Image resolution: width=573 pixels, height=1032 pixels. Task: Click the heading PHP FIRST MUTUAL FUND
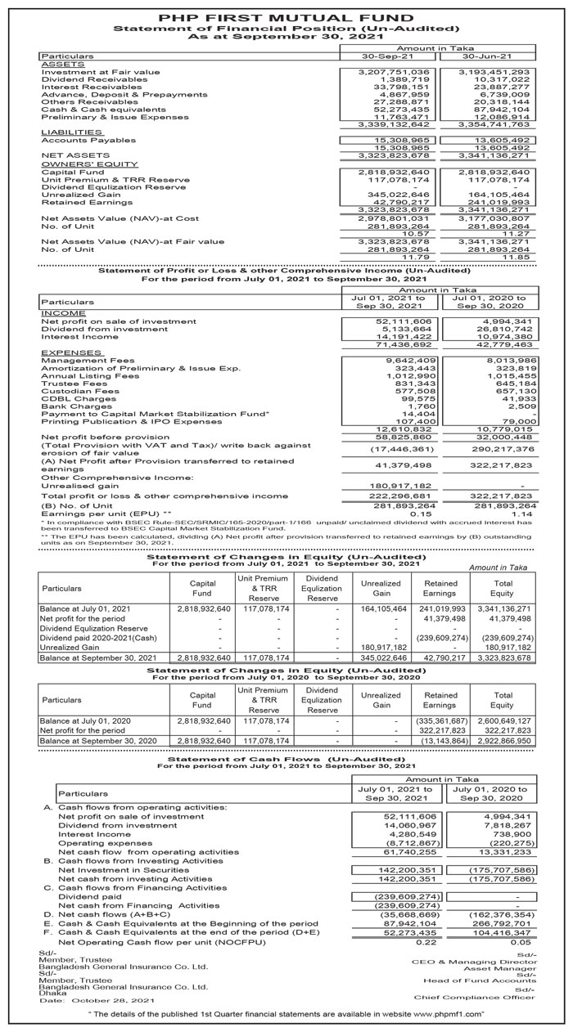pyautogui.click(x=286, y=16)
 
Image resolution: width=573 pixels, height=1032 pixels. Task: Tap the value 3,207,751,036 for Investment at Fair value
pyautogui.click(x=395, y=72)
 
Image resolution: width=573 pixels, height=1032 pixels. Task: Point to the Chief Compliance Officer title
pyautogui.click(x=474, y=997)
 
